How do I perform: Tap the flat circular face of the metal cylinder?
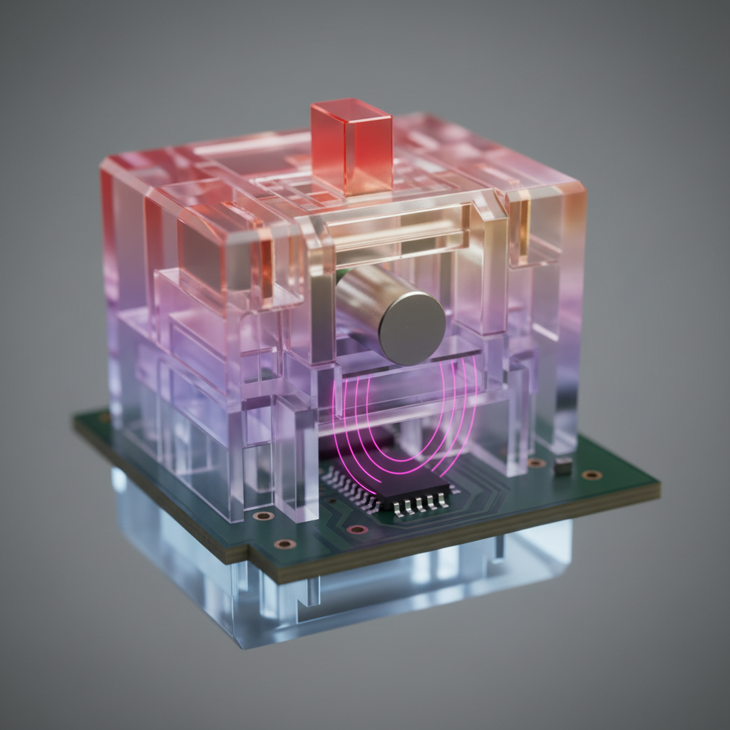pyautogui.click(x=411, y=327)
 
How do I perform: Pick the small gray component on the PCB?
pyautogui.click(x=562, y=466)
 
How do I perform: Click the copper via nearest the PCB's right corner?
pyautogui.click(x=591, y=475)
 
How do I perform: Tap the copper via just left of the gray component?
pyautogui.click(x=536, y=463)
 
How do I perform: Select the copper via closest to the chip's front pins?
pyautogui.click(x=356, y=529)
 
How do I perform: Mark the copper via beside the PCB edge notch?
pyautogui.click(x=284, y=544)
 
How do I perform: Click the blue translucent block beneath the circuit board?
pyautogui.click(x=399, y=592)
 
